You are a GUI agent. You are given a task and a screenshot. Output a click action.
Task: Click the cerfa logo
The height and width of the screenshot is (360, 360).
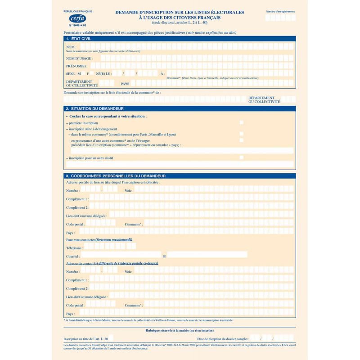pos(76,18)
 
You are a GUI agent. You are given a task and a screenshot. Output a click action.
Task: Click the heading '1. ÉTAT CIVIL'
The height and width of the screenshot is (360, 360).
pos(81,39)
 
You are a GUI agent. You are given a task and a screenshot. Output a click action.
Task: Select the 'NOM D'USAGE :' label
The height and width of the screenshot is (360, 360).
pos(79,58)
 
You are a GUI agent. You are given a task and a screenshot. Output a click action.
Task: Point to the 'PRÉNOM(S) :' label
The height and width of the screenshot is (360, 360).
pos(76,66)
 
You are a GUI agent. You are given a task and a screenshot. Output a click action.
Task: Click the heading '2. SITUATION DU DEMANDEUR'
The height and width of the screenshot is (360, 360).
pos(94,108)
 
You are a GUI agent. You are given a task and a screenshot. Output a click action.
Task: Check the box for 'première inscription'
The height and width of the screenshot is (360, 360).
pos(242,122)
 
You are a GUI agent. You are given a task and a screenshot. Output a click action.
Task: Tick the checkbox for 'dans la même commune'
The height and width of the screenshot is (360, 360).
pos(242,134)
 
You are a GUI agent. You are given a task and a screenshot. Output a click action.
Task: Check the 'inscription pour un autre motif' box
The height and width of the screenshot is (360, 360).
pos(242,157)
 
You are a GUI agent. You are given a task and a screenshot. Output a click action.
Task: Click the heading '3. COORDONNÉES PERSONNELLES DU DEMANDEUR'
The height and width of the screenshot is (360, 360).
pos(116,175)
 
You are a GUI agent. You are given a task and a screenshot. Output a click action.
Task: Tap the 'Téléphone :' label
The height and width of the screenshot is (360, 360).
pos(74,248)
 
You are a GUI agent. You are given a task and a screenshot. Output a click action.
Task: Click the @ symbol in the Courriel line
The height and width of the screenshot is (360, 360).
pos(164,256)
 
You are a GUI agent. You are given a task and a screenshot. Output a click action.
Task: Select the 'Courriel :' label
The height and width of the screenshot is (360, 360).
pos(73,256)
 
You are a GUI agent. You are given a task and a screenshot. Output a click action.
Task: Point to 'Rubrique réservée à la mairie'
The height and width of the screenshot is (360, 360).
pos(179,330)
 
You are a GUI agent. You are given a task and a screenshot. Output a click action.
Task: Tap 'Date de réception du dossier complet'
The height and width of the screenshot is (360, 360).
pos(223,338)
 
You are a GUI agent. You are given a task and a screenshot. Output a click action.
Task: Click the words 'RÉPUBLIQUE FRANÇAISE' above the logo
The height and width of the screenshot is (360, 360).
pos(77,10)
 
